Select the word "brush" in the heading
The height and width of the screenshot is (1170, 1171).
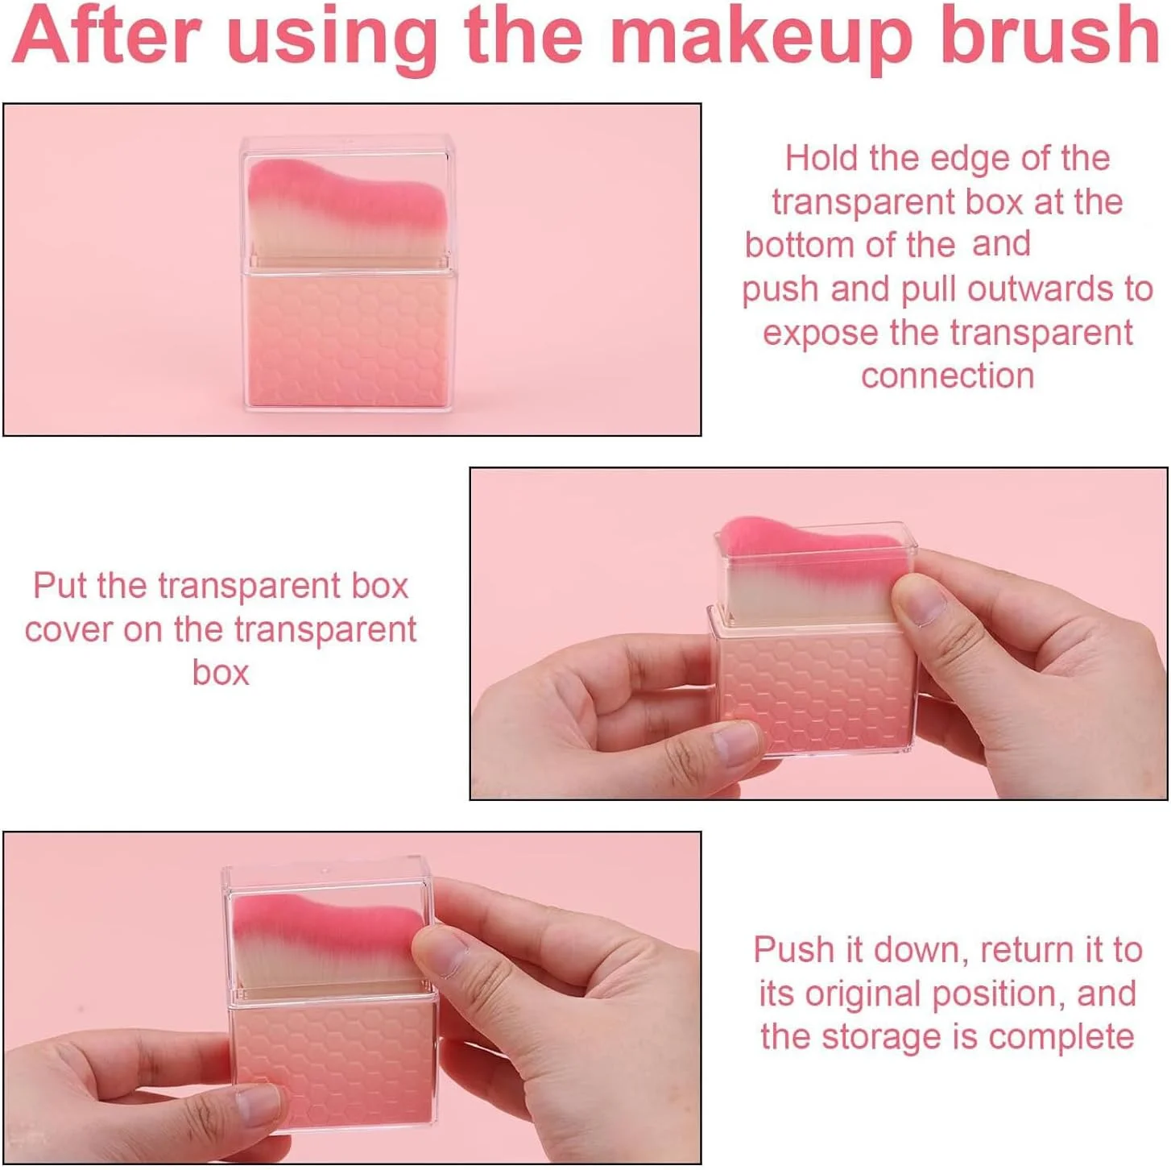(x=1049, y=36)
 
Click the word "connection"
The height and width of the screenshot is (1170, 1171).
(x=947, y=376)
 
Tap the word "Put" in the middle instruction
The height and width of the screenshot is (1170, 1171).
(x=60, y=587)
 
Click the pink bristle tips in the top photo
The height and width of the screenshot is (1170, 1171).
(x=349, y=194)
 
